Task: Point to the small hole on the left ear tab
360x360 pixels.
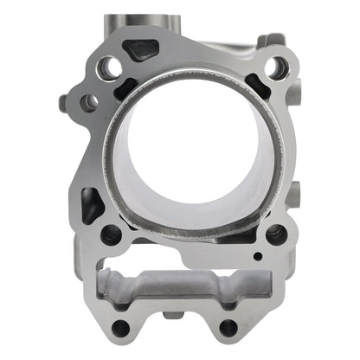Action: (x=87, y=103)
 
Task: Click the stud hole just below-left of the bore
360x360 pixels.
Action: (x=111, y=234)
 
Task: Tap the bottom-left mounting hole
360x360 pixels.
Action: (x=122, y=328)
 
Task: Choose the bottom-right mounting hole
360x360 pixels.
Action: (x=228, y=328)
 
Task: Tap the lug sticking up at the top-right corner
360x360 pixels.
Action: (x=275, y=40)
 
